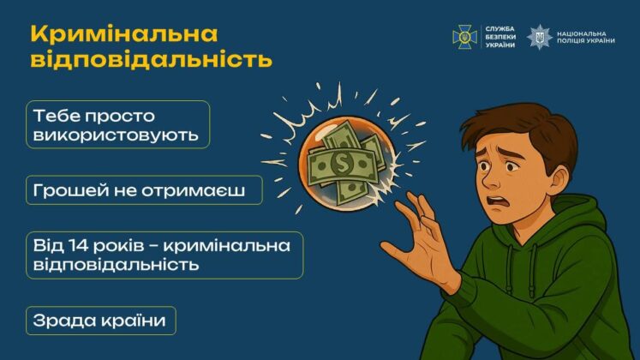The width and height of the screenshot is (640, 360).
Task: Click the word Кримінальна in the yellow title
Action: point(124,33)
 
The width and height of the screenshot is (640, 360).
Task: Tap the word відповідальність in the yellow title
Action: point(152,60)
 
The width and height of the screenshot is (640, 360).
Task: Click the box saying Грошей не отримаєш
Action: point(144,189)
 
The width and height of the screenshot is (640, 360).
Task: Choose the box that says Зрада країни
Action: point(101,321)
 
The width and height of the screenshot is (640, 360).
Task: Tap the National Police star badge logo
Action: point(540,37)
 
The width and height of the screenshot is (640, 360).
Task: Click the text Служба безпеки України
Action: point(499,36)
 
